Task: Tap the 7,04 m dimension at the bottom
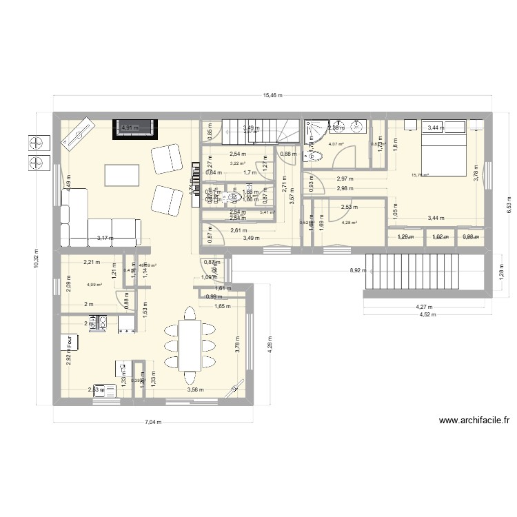pyautogui.click(x=152, y=422)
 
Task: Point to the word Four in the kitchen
pyautogui.click(x=70, y=343)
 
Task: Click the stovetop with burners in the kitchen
pyautogui.click(x=98, y=323)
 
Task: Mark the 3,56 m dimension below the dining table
pyautogui.click(x=196, y=389)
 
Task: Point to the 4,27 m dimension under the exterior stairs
pyautogui.click(x=422, y=307)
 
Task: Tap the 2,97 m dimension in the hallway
pyautogui.click(x=345, y=179)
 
